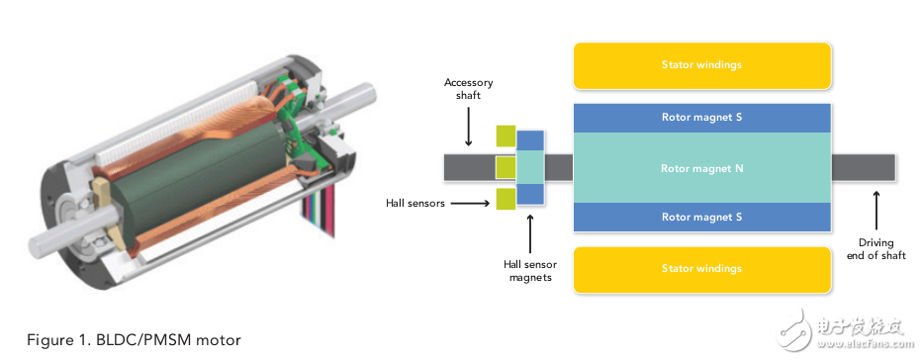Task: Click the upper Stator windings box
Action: coord(702,65)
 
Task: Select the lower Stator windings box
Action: coord(702,269)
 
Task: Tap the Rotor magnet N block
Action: coord(702,168)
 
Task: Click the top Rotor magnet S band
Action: coord(702,118)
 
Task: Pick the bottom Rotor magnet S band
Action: coord(702,217)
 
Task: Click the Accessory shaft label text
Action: coord(469,88)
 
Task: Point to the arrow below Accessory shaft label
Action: coord(469,126)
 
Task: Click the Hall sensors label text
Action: coord(415,204)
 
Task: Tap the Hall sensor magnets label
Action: coord(530,271)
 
